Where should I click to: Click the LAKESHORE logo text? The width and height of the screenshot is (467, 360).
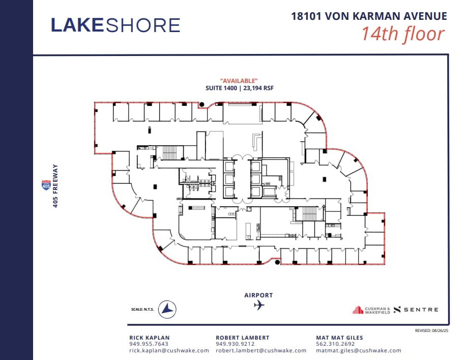coord(115,25)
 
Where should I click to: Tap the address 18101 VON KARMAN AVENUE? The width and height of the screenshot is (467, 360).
coord(369,16)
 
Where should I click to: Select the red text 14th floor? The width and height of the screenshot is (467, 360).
coord(403,34)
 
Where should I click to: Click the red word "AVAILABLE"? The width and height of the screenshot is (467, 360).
coord(239,81)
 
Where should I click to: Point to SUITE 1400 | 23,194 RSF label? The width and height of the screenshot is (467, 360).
coord(239,88)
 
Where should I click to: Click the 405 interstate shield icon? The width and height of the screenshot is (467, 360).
coord(46,185)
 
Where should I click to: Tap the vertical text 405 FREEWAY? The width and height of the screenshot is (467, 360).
coord(55,188)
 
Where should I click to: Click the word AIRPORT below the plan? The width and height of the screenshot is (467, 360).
coord(258,295)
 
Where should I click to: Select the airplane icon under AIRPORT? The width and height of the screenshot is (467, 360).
coord(259,306)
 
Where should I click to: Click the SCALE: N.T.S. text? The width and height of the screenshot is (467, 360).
coord(142,309)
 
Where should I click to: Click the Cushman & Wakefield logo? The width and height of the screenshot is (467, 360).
coord(372,310)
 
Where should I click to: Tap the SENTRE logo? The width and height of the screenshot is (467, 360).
coord(416,310)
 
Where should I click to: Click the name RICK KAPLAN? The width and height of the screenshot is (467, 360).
coord(150,338)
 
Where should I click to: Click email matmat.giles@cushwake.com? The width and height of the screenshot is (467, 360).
coord(358,350)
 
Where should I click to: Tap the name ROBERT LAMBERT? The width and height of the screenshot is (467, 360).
coord(243,338)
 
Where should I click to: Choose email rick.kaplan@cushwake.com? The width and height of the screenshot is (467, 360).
coord(169,350)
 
